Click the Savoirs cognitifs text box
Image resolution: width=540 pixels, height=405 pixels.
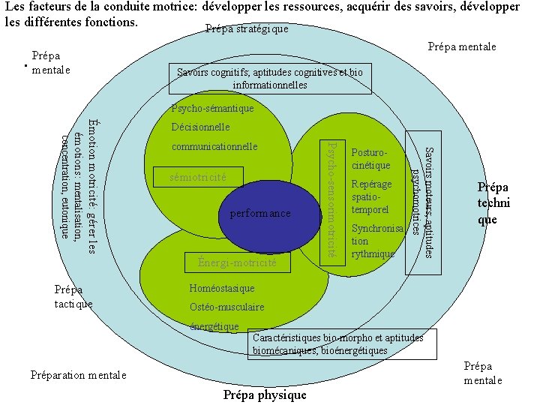pyautogui.click(x=270, y=79)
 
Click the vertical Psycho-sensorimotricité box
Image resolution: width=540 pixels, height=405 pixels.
pyautogui.click(x=333, y=198)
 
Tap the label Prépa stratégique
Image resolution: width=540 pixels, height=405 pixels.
pyautogui.click(x=246, y=29)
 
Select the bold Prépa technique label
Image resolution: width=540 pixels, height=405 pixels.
pyautogui.click(x=493, y=203)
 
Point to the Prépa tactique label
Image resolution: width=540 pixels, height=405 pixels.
pyautogui.click(x=73, y=296)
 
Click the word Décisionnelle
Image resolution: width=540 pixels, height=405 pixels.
pyautogui.click(x=200, y=127)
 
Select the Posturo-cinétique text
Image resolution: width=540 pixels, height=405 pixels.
pyautogui.click(x=371, y=158)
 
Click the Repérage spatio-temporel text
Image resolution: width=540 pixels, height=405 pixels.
pyautogui.click(x=371, y=196)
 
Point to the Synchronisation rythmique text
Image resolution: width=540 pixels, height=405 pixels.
pyautogui.click(x=376, y=241)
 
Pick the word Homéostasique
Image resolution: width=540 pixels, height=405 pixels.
pyautogui.click(x=222, y=288)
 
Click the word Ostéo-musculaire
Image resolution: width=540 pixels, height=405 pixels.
pyautogui.click(x=226, y=307)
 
